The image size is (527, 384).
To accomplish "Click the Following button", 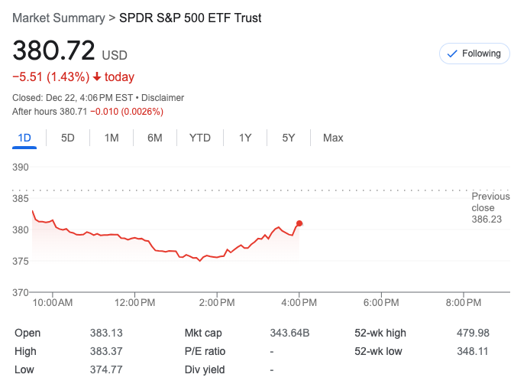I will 474,54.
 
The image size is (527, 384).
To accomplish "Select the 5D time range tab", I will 68,138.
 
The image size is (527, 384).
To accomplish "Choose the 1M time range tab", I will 112,138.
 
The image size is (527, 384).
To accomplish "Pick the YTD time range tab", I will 200,138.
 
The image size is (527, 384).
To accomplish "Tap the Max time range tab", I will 333,138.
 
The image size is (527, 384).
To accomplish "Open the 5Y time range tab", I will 288,138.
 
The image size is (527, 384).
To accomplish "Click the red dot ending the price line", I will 299,223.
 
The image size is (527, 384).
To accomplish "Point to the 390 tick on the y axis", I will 21,168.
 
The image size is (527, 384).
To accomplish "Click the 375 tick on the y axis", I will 21,262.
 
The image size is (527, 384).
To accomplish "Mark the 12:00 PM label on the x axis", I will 134,303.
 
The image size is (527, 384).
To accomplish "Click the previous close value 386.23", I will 487,219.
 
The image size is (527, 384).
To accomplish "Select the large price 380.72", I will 53,51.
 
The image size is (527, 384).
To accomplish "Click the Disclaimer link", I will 162,98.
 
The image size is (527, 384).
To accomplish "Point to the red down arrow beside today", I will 97,77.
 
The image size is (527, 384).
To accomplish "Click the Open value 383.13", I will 106,333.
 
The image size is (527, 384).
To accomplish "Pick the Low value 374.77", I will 106,369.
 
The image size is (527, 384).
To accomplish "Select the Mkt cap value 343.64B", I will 289,333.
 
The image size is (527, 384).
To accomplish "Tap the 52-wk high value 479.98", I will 473,333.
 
